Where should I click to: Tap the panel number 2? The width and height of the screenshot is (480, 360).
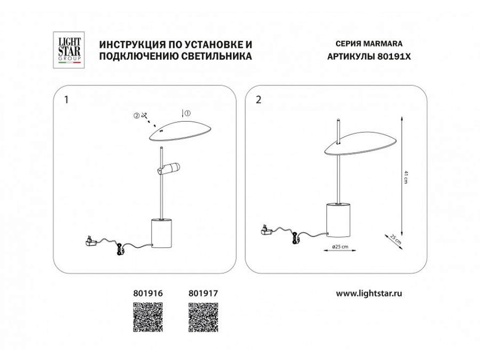click(x=259, y=100)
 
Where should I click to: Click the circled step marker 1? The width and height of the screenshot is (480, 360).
click(x=188, y=113)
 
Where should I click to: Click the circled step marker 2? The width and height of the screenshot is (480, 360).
click(x=136, y=115)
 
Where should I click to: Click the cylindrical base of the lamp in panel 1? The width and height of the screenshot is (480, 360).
click(x=162, y=233)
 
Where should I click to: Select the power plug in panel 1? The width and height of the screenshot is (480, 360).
click(x=91, y=241)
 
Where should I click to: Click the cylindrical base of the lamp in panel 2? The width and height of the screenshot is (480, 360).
click(x=338, y=220)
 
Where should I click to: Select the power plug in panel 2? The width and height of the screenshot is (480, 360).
click(x=267, y=229)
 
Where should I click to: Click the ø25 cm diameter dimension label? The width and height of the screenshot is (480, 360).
click(x=340, y=246)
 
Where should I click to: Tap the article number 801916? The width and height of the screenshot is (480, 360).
click(x=148, y=293)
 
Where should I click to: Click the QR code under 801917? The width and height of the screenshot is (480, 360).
click(x=203, y=317)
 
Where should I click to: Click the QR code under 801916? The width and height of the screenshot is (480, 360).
click(x=148, y=317)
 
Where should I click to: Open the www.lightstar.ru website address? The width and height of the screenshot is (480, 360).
click(x=369, y=293)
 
